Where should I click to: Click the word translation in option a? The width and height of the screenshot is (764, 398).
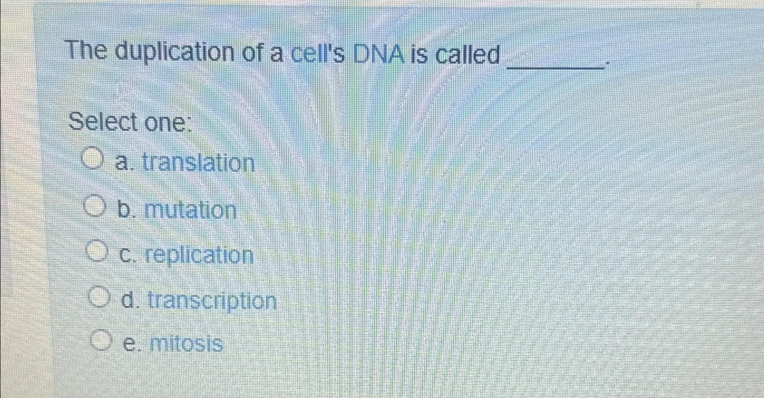tap(198, 162)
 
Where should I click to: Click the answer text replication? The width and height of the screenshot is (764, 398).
tap(199, 256)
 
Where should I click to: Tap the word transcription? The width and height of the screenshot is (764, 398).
tap(212, 301)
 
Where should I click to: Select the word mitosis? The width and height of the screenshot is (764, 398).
tap(186, 344)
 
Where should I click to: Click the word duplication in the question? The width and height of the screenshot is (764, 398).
tap(175, 53)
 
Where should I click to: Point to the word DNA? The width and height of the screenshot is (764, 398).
tap(379, 55)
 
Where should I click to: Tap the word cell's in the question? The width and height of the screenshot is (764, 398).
tap(317, 54)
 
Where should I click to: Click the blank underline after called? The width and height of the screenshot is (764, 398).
tap(556, 66)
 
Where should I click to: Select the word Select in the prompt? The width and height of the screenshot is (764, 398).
tap(103, 122)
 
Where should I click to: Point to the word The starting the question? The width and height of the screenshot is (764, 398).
tap(87, 50)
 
